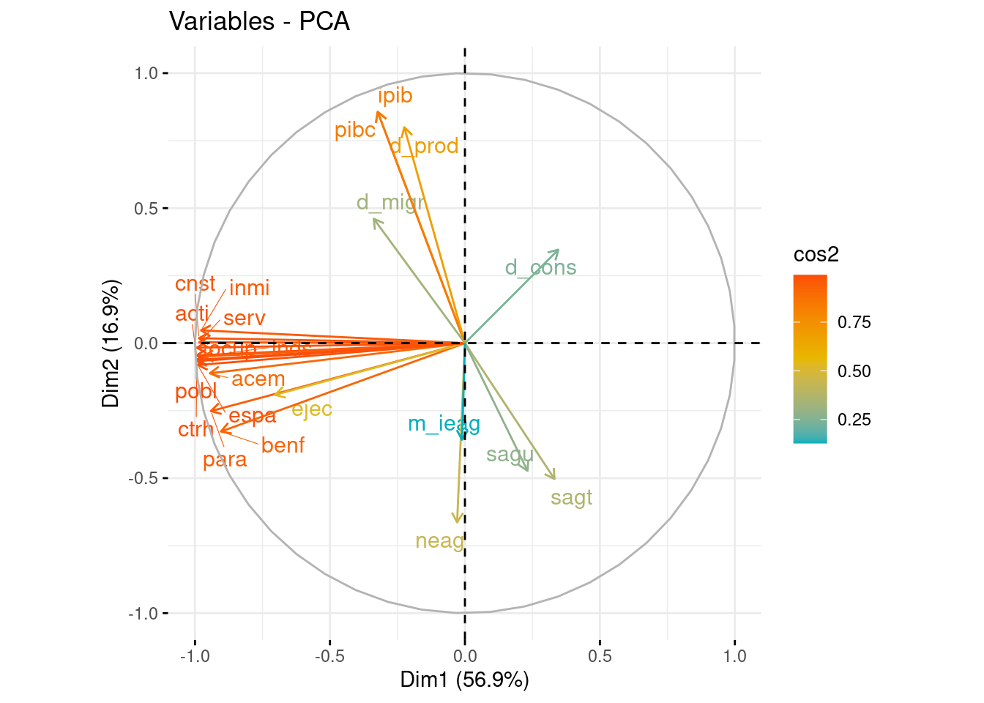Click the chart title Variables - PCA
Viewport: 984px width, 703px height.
259,21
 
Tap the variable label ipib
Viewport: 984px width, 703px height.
395,96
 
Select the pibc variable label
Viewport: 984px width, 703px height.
355,130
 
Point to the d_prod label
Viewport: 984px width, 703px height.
424,146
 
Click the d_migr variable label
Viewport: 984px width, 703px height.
390,203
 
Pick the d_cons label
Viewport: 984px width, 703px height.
540,268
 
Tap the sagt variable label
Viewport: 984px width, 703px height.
571,498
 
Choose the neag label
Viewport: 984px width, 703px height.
439,541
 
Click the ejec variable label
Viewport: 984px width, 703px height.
312,409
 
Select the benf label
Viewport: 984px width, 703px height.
283,445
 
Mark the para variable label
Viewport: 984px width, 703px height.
225,460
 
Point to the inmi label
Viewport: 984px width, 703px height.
249,289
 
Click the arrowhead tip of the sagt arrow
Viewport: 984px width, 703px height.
555,480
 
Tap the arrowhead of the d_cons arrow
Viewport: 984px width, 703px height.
559,250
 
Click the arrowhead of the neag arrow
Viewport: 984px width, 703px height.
457,523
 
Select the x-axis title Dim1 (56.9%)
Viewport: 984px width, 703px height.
464,680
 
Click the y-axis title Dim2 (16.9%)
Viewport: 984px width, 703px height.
111,343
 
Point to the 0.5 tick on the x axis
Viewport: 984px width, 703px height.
600,656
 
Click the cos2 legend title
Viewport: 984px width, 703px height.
816,255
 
